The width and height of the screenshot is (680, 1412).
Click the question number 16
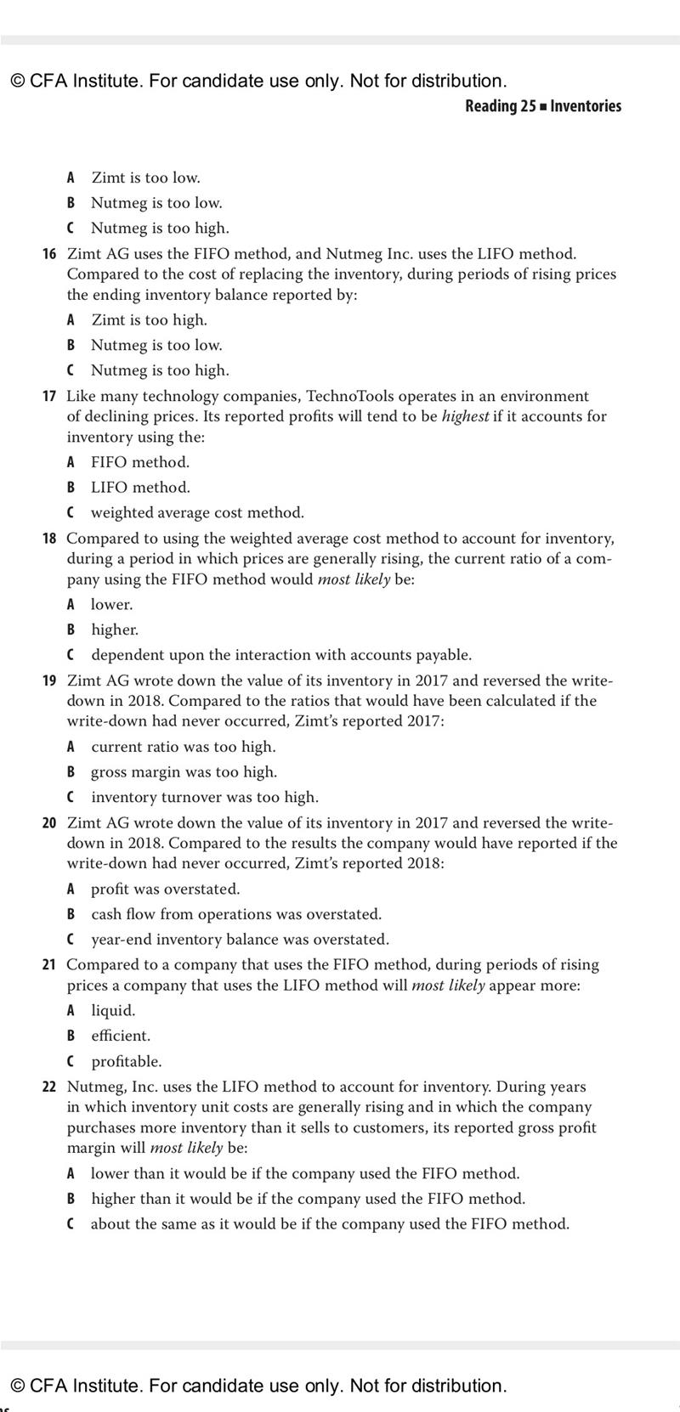tap(49, 254)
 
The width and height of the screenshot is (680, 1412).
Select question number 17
tap(49, 397)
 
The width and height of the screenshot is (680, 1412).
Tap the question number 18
tap(49, 539)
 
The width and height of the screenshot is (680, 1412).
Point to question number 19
tap(49, 681)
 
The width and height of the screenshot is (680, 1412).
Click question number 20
tap(49, 823)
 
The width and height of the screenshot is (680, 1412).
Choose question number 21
tap(49, 965)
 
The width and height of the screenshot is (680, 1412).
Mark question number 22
tap(49, 1087)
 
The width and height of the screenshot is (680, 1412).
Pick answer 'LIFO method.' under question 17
tap(140, 488)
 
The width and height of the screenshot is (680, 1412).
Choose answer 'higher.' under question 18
tap(115, 630)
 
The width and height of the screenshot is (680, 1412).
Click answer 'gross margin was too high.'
tap(184, 772)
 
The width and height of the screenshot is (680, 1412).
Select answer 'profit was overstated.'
tap(165, 890)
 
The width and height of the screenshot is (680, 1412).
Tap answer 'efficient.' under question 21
tap(121, 1036)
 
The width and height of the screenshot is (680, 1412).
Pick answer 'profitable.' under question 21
tap(126, 1062)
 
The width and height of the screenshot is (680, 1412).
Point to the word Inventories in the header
tap(586, 106)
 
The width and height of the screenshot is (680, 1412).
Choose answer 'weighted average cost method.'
tap(197, 513)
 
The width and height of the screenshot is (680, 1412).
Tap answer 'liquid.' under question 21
tap(113, 1011)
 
